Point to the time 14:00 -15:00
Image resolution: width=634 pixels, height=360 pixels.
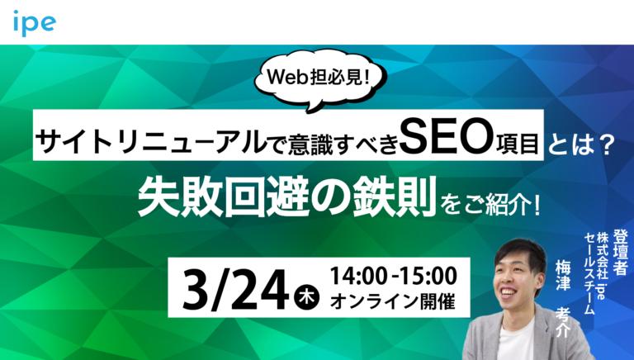391,273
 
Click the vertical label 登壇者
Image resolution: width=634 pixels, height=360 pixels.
621,251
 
